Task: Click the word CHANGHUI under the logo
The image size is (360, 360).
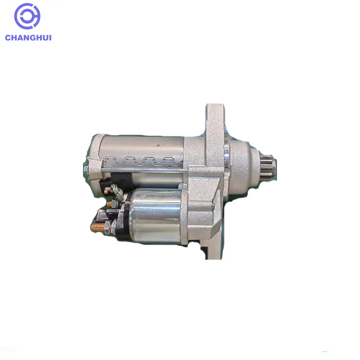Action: [28, 37]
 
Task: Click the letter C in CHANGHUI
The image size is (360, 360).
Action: [8, 37]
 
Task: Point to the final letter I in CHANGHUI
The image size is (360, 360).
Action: [49, 37]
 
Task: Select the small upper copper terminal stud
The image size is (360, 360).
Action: [109, 204]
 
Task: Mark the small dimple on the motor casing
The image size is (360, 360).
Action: [156, 143]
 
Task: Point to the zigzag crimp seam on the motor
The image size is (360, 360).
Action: [144, 161]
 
